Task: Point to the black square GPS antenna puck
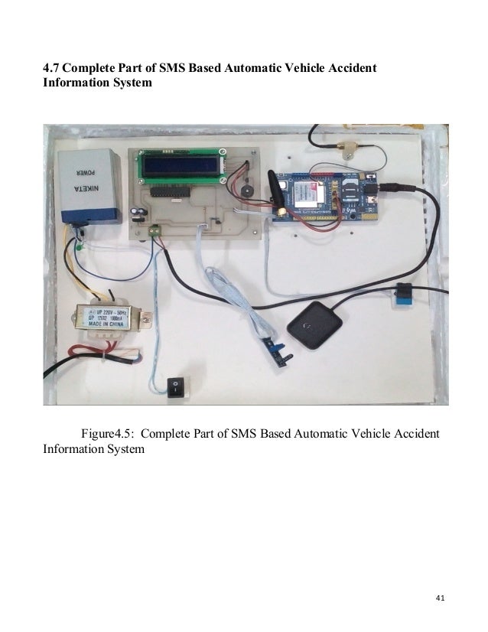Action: click(x=314, y=324)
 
